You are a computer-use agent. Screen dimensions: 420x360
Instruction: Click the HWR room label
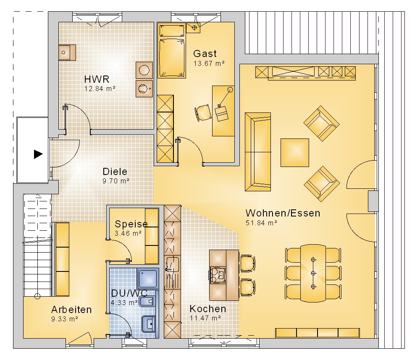pos(97,79)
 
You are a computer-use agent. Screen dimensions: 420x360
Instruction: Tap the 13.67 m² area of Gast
pos(209,63)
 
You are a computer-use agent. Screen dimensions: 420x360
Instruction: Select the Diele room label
pos(115,171)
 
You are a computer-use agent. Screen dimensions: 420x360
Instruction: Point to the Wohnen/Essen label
pos(283,213)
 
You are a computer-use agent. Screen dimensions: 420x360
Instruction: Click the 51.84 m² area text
pos(261,223)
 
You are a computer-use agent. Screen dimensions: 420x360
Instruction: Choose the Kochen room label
pos(208,309)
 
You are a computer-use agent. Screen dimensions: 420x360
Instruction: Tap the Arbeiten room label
pos(71,309)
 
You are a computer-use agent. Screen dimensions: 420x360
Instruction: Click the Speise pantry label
pos(131,224)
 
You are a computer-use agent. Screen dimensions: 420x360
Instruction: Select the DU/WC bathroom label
pos(129,293)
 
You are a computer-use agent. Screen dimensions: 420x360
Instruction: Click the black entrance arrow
pos(38,154)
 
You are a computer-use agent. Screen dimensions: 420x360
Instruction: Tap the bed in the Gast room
pos(172,51)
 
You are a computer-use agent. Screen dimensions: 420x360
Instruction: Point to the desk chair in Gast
pos(203,113)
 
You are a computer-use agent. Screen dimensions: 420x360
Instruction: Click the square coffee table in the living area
pos(295,153)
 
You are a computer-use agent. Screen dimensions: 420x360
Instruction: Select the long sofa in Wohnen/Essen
pos(258,152)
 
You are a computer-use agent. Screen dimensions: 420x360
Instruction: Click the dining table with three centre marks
pos(313,273)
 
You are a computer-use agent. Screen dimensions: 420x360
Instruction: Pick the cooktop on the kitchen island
pos(218,275)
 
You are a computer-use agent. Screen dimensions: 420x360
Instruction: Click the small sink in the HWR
pos(67,52)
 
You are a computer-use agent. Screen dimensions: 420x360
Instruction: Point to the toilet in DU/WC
pos(147,301)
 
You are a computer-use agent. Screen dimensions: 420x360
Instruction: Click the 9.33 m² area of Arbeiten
pos(65,319)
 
